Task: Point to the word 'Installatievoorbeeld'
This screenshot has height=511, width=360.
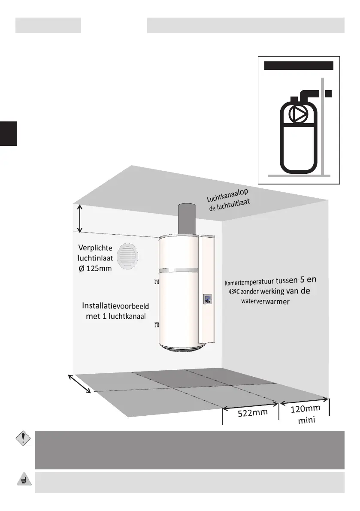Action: [x=115, y=306]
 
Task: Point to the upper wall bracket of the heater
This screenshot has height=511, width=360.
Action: [x=156, y=281]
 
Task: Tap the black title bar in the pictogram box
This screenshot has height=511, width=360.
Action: [x=299, y=66]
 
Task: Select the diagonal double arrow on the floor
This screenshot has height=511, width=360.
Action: [x=80, y=383]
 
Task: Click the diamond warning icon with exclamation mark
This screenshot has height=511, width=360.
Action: [x=21, y=438]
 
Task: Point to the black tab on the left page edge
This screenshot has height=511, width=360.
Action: [x=8, y=133]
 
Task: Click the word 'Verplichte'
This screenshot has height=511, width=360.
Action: [x=95, y=248]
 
